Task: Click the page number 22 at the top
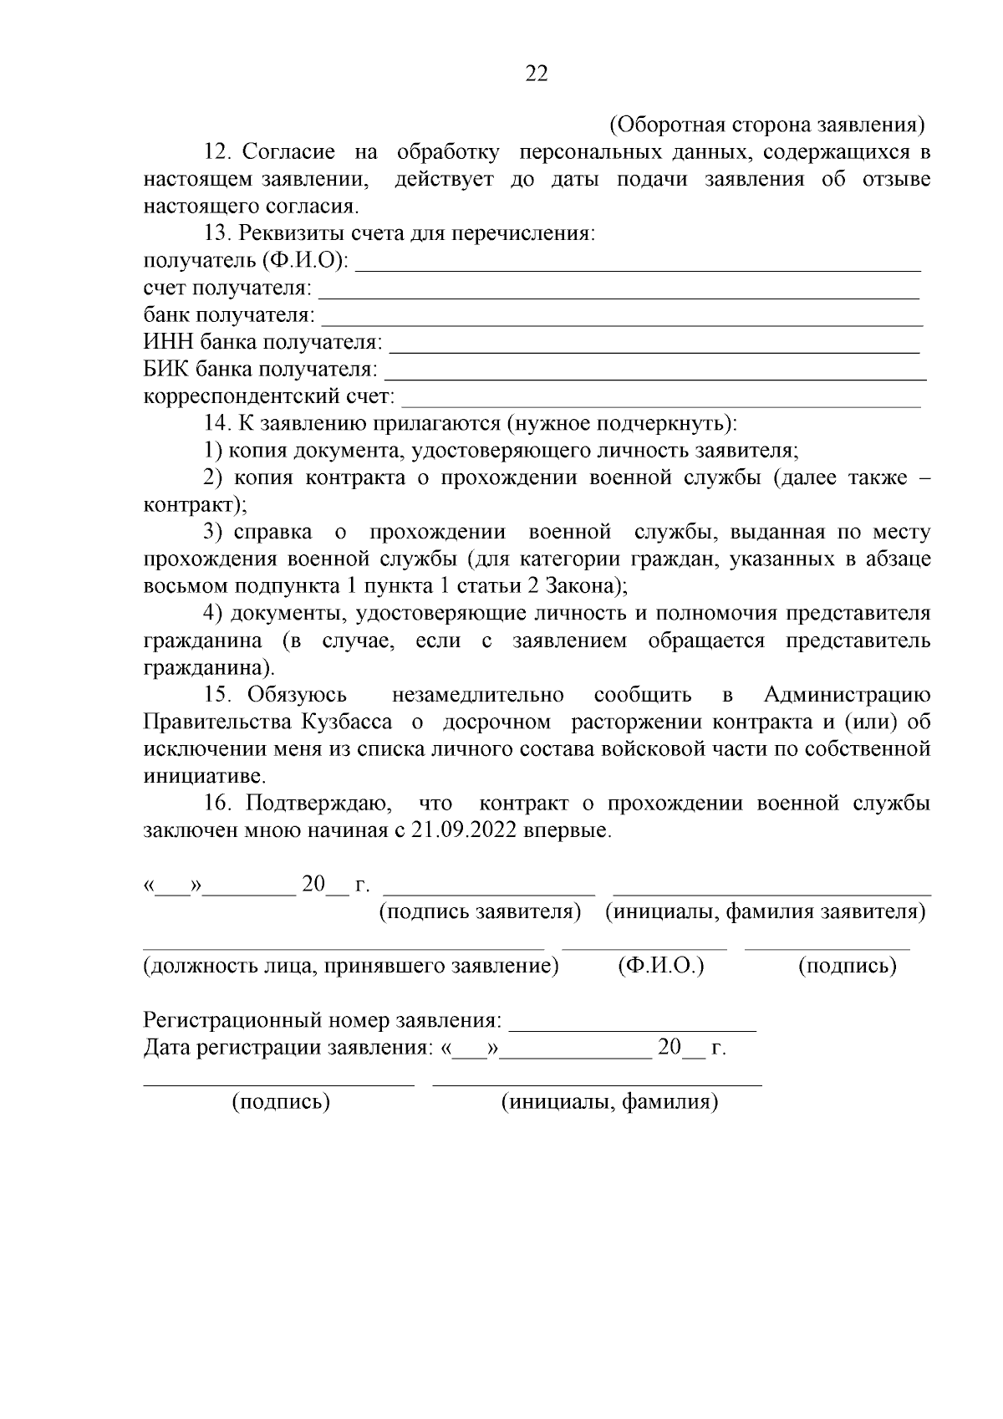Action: click(537, 74)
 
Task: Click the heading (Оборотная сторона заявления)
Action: click(767, 125)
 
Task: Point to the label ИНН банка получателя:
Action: click(262, 343)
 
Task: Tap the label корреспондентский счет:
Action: click(269, 397)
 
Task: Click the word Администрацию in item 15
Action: click(847, 695)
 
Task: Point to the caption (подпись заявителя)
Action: click(480, 911)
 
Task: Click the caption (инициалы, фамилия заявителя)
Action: click(765, 911)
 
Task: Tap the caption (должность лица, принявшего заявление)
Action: click(351, 967)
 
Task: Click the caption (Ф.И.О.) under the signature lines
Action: click(661, 967)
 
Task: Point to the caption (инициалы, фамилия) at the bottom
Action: click(609, 1102)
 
